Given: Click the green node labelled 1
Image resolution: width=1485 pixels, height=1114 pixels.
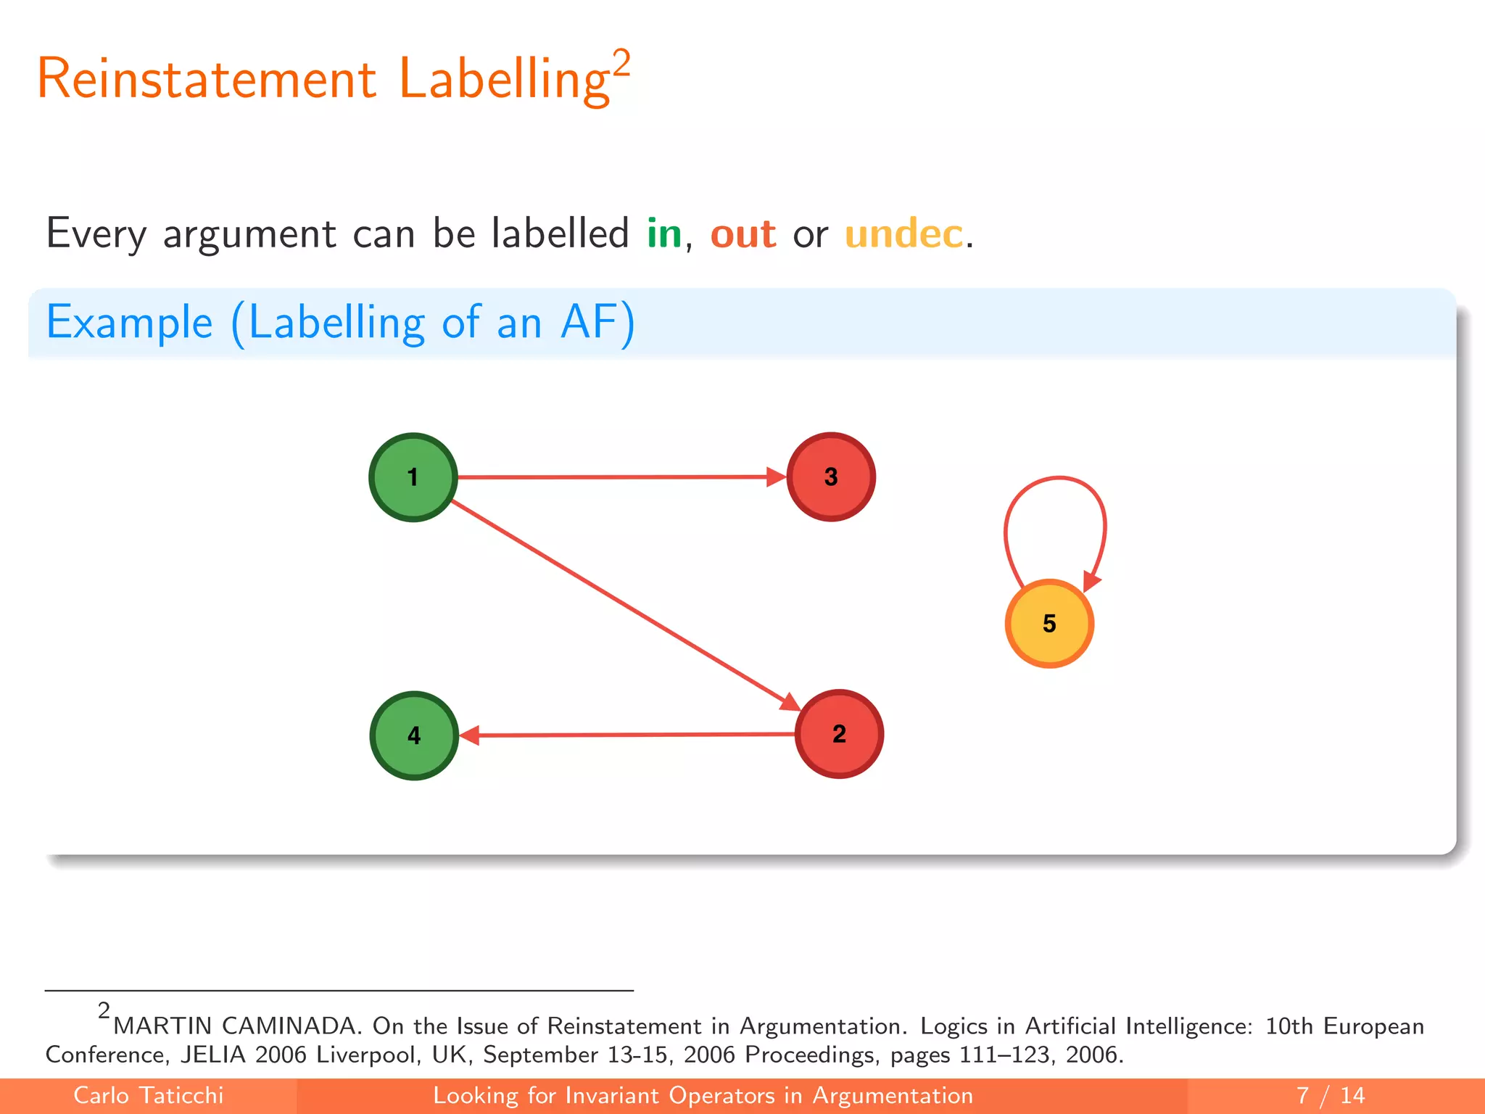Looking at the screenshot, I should click(413, 477).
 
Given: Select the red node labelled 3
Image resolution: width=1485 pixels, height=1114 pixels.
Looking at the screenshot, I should click(831, 477).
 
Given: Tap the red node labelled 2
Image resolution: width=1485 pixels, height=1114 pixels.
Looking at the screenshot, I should click(839, 734).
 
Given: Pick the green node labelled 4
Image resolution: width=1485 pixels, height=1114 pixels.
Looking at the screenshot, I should click(414, 735).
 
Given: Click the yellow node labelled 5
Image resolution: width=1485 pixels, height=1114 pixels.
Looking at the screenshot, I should click(1049, 624).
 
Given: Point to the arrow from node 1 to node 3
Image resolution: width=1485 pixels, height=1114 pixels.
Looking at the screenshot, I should click(616, 477).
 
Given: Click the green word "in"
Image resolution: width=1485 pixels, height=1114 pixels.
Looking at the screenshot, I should click(664, 234).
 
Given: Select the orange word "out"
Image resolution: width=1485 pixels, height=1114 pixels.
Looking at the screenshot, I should click(742, 234).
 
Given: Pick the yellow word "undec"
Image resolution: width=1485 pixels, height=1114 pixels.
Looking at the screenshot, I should click(903, 234).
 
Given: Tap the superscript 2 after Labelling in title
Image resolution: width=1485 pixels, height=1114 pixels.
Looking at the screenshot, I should click(621, 63).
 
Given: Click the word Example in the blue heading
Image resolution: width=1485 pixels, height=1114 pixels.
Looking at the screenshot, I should click(130, 323).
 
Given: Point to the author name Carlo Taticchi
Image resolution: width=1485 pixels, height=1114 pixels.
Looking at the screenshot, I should click(149, 1095).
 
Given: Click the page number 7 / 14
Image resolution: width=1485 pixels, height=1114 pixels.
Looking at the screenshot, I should click(1330, 1095).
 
